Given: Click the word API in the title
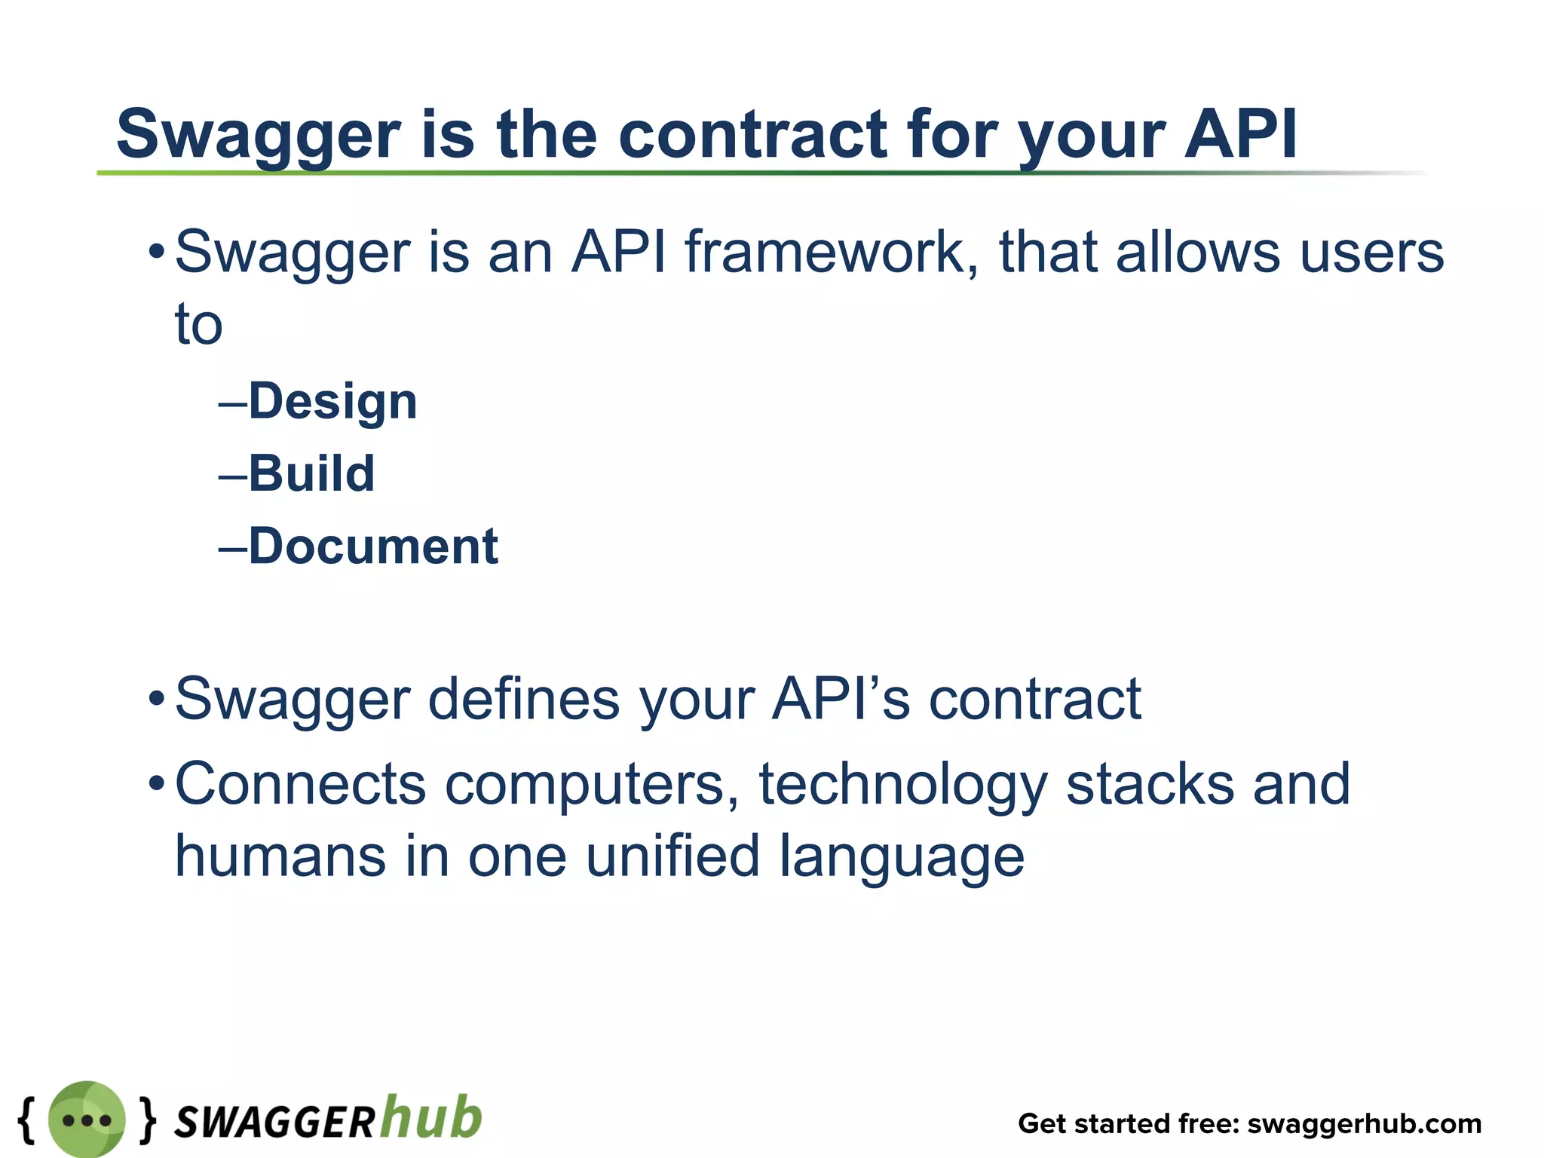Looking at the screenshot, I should coord(1240,133).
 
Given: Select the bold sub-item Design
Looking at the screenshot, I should coord(332,402).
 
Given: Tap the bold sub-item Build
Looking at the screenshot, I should coord(311,474).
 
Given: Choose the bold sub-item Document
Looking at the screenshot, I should coord(373,547).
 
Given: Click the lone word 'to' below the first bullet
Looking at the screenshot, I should coord(198,325).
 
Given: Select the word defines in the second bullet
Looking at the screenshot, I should coord(524,700).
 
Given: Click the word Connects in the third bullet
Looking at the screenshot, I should coord(300,785).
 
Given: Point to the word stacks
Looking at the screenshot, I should coord(1149,785).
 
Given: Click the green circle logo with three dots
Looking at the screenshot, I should coord(87,1120).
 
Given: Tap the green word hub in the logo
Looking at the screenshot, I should coord(430,1117).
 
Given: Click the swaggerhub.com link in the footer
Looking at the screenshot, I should coord(1364,1124).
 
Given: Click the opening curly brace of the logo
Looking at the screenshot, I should coord(26,1119).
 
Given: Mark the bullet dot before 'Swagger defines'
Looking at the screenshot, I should coord(156,698).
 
